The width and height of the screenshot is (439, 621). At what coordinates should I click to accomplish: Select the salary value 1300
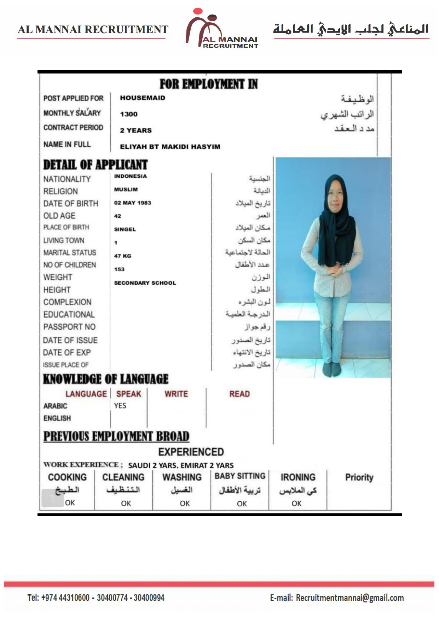[129, 114]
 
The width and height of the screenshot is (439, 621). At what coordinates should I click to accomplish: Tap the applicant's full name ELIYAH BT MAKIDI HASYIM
[170, 147]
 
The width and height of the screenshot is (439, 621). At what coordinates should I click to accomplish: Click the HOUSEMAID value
[143, 98]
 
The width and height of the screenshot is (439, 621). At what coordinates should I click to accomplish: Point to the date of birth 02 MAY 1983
[132, 203]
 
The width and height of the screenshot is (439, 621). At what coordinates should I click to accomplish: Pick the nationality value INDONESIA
[130, 176]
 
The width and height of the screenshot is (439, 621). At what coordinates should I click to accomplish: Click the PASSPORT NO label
[69, 327]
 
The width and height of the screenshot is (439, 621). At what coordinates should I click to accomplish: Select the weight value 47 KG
[122, 256]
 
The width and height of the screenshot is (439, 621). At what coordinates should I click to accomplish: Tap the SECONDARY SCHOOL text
[145, 283]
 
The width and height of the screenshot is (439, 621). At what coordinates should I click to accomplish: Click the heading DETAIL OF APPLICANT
[95, 165]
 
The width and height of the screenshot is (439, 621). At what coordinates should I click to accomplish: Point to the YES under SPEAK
[120, 406]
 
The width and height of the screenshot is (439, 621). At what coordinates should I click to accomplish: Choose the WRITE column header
[176, 394]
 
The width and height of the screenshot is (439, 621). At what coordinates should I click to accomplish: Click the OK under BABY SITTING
[242, 503]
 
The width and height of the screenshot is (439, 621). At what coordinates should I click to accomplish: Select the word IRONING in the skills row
[298, 477]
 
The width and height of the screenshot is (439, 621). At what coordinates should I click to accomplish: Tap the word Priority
[359, 477]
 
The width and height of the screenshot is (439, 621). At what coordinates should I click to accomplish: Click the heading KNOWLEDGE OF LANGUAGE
[105, 379]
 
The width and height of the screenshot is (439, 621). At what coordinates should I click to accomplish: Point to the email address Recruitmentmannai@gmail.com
[350, 598]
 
